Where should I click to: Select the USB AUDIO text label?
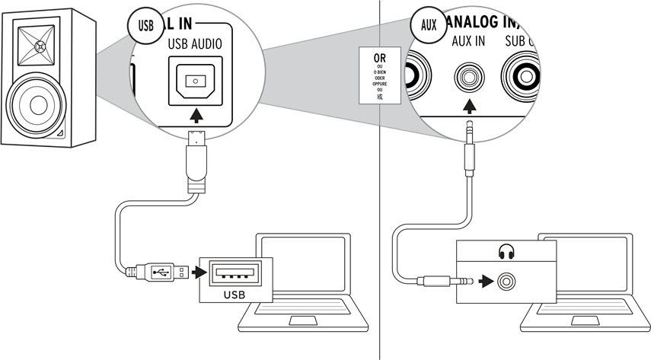pyautogui.click(x=195, y=45)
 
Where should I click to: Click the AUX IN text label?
pyautogui.click(x=468, y=41)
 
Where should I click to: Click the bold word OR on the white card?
pyautogui.click(x=379, y=57)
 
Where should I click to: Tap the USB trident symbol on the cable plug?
pyautogui.click(x=161, y=270)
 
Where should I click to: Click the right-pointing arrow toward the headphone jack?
pyautogui.click(x=484, y=282)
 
